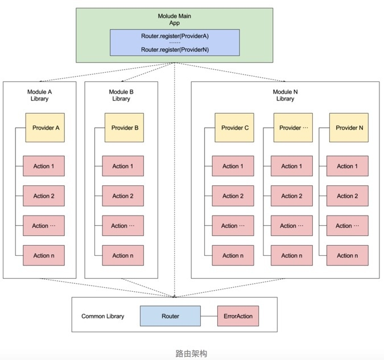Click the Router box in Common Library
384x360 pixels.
point(170,316)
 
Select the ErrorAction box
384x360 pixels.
point(238,316)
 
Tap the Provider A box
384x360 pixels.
point(45,127)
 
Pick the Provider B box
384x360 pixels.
point(124,127)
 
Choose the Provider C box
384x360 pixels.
point(234,127)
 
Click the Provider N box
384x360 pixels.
point(349,127)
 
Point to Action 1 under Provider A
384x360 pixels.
point(44,166)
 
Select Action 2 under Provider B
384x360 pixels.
point(123,196)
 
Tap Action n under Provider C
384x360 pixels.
point(233,255)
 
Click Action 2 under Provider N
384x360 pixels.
point(348,196)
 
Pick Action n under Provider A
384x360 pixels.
point(44,255)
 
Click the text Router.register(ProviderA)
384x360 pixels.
point(175,36)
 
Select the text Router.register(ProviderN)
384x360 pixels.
point(175,49)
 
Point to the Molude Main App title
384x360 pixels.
point(175,19)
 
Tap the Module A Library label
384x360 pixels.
point(39,96)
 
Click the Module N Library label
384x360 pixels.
point(286,96)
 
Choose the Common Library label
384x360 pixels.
point(103,316)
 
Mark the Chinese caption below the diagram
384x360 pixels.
point(191,353)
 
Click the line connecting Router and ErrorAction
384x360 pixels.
point(209,316)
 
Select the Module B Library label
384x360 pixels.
point(121,96)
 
